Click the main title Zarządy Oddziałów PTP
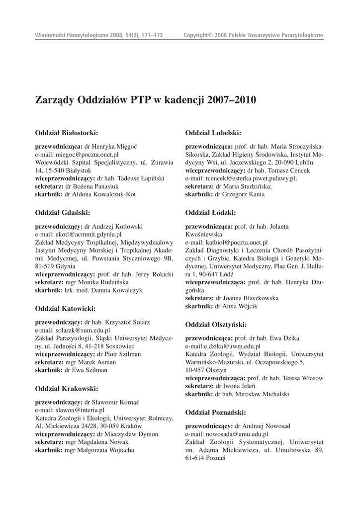pos(146,99)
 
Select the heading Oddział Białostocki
pos(67,133)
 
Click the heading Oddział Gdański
pos(63,213)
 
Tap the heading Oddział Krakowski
pos(67,388)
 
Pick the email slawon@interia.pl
pos(80,410)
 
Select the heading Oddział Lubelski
pos(213,133)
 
